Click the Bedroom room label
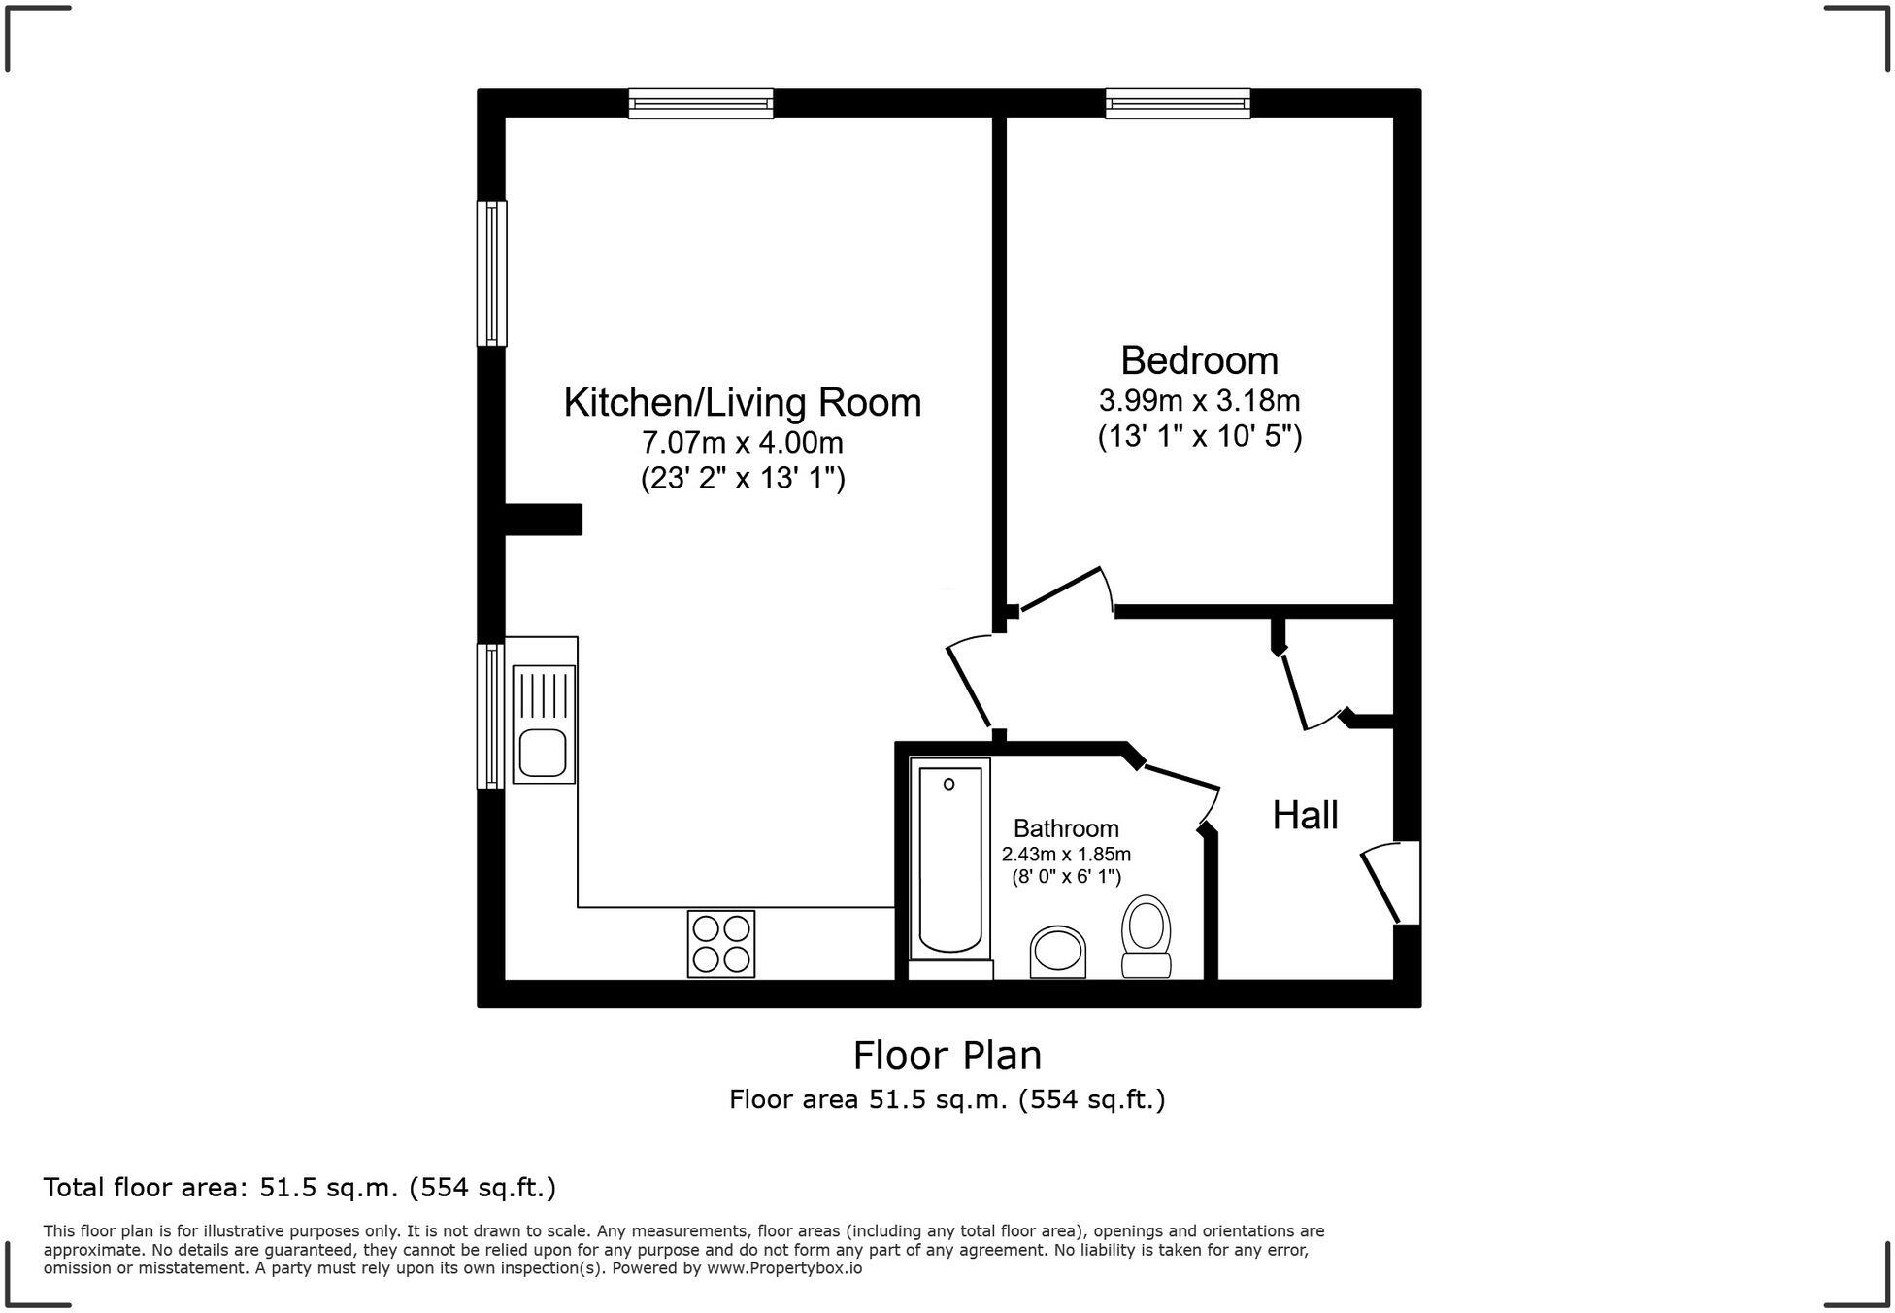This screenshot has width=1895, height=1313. (1199, 360)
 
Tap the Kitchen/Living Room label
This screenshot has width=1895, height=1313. (742, 402)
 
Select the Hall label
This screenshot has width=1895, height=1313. (1305, 815)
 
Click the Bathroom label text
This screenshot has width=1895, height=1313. (1066, 828)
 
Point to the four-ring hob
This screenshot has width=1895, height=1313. (720, 944)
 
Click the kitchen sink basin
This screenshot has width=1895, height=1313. (542, 754)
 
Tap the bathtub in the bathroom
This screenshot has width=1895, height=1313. (949, 859)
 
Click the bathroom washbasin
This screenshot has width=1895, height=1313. (1058, 952)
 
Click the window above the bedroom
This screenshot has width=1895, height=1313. (1178, 103)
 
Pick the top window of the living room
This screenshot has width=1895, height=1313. (700, 103)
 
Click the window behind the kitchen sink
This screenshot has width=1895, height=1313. (490, 716)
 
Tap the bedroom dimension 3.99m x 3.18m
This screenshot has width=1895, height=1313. (1199, 400)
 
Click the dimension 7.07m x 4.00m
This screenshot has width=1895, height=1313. (742, 443)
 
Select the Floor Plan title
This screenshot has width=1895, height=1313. (947, 1055)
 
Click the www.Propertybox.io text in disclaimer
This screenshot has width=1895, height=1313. (783, 1268)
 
